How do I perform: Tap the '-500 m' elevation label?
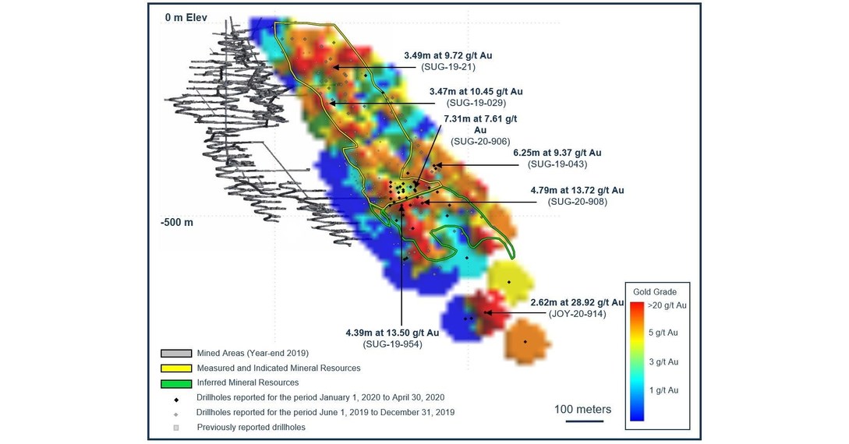click(178, 222)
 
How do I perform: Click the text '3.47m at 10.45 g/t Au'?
click(476, 92)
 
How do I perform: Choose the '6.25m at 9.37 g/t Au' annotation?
click(557, 153)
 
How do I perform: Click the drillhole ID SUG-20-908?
click(577, 202)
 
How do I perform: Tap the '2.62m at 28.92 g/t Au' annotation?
click(577, 301)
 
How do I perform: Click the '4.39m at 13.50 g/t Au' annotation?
click(393, 333)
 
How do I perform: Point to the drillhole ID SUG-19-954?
click(393, 344)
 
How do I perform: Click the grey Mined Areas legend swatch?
click(176, 353)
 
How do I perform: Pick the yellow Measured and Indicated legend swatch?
click(176, 368)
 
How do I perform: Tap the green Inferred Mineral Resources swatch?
click(176, 382)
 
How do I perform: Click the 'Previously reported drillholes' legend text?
click(251, 427)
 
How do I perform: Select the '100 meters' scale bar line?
click(582, 421)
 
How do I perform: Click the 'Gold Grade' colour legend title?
click(660, 291)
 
